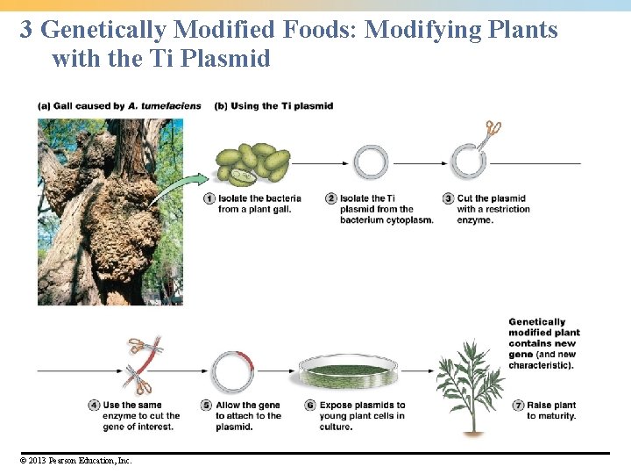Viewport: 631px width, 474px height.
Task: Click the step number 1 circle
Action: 209,198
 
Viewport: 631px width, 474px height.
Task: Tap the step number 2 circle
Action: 331,198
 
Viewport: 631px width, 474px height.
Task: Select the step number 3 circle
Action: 448,198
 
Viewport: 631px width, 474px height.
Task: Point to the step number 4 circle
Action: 94,406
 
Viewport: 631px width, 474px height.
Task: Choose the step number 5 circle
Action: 207,406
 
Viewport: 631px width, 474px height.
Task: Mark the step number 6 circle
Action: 310,406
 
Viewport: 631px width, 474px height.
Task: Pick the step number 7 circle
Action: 518,406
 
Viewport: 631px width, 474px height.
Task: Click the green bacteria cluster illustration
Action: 252,164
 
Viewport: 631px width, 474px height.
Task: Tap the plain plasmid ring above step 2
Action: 371,163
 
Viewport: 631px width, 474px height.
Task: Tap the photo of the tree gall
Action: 110,212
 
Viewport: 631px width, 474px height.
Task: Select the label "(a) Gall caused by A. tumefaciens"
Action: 119,106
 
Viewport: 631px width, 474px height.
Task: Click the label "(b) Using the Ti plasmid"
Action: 273,106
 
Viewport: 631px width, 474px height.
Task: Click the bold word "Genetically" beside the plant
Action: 536,322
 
